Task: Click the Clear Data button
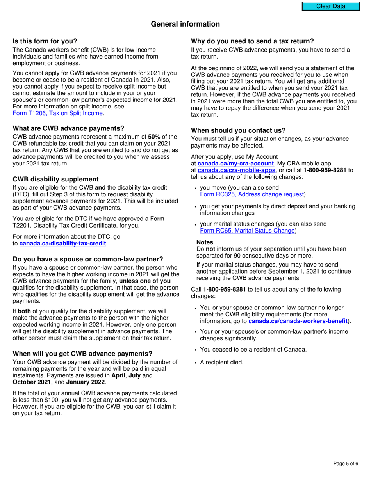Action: [331, 6]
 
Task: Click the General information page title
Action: [185, 24]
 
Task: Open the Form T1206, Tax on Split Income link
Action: [58, 113]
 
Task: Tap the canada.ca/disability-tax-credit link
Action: [62, 244]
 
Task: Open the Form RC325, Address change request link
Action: [252, 194]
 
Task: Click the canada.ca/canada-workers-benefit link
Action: [298, 321]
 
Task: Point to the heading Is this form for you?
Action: [45, 41]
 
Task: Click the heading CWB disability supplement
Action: [56, 180]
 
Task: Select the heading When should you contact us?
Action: [238, 130]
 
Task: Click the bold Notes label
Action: [205, 242]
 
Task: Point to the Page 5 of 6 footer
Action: [346, 464]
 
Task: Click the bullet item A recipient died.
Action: [221, 362]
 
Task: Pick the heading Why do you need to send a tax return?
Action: [252, 41]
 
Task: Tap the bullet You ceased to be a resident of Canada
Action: [253, 350]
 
